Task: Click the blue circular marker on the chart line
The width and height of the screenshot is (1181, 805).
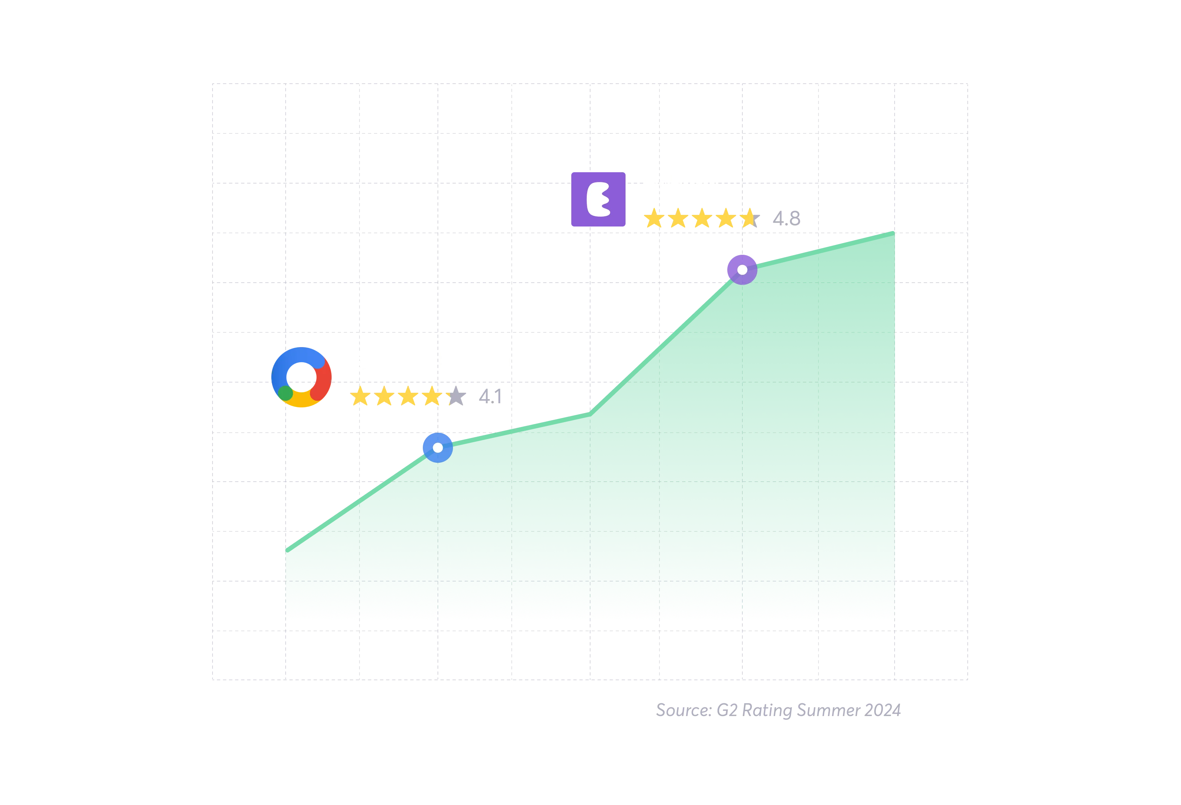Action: (x=438, y=448)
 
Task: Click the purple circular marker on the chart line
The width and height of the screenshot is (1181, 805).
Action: (x=742, y=269)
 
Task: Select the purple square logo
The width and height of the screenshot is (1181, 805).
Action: (x=598, y=199)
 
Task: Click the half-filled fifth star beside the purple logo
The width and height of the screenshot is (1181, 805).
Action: (x=750, y=219)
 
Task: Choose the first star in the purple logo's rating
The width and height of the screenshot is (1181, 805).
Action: (x=653, y=219)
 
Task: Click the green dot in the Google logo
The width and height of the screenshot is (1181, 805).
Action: (x=285, y=393)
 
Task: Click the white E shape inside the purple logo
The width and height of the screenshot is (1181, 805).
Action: (x=598, y=200)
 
